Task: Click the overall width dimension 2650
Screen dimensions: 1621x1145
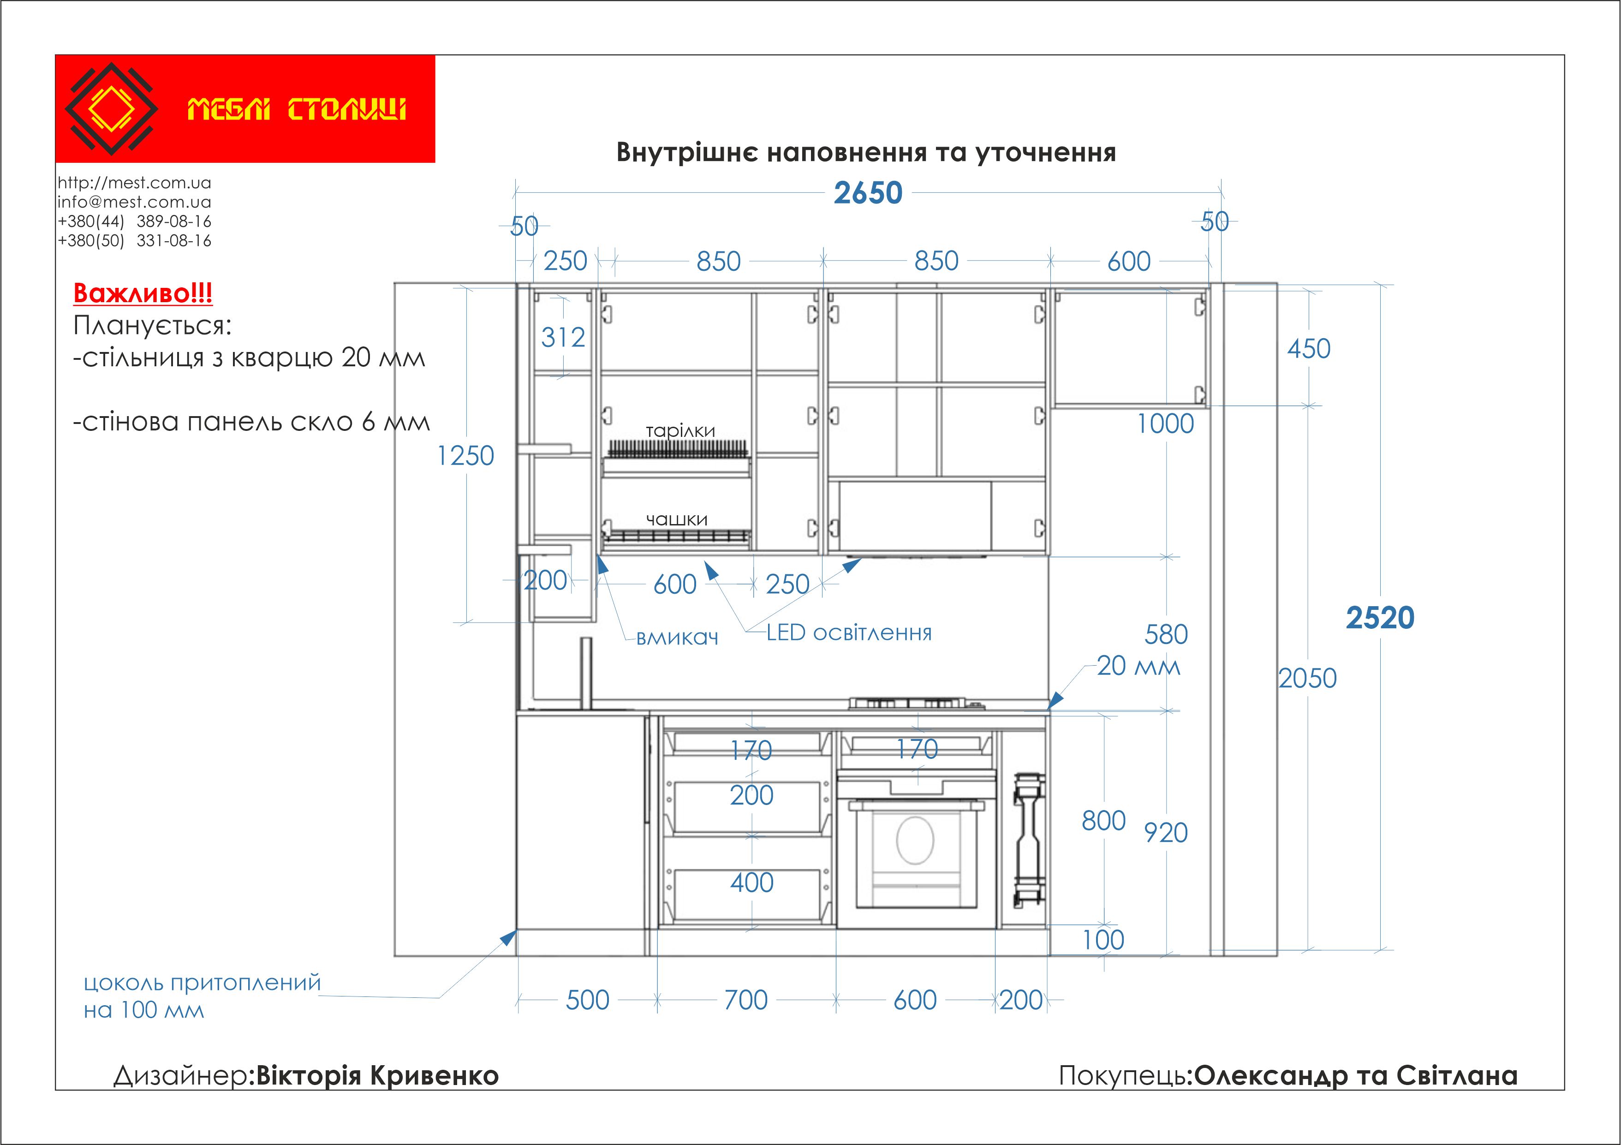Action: [868, 193]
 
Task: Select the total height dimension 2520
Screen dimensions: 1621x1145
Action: [1380, 618]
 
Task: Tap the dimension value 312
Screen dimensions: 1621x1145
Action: [563, 337]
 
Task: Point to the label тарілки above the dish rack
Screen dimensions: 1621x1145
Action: [680, 430]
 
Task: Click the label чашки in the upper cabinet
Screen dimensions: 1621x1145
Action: [676, 519]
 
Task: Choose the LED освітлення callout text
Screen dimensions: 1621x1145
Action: [849, 632]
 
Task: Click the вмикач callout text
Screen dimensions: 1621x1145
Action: [677, 638]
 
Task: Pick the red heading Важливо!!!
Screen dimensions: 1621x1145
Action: [143, 293]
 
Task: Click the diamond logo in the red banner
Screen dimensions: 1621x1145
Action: [111, 109]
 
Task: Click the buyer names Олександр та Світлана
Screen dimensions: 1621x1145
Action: [1356, 1075]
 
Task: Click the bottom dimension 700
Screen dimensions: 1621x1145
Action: [745, 1000]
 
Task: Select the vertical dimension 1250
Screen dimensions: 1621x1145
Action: [465, 455]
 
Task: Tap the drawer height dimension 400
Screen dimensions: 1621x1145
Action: [752, 883]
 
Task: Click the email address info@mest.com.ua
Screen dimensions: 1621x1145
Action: [134, 202]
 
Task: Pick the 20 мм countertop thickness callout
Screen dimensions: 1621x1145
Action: [1138, 666]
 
